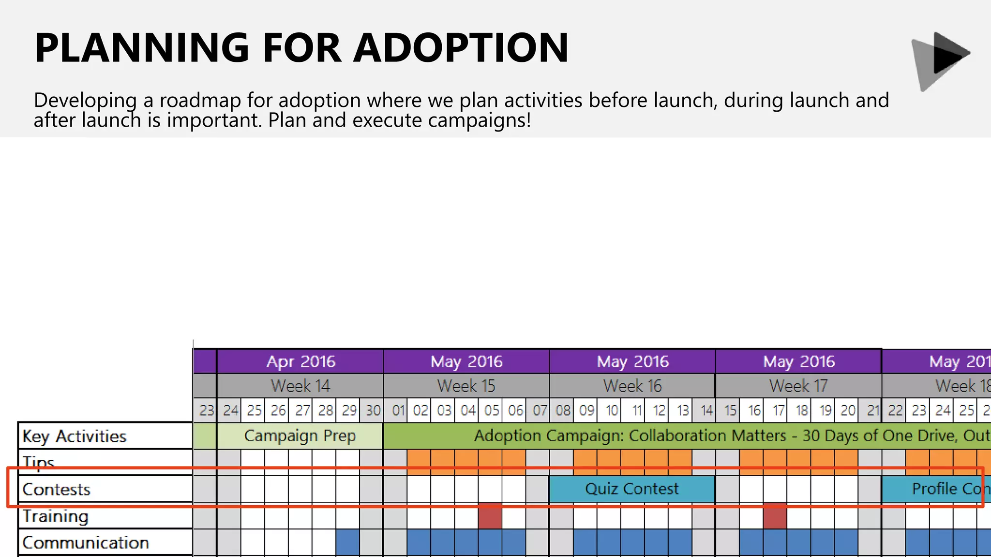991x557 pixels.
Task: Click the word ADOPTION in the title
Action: click(461, 47)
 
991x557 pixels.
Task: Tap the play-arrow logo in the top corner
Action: click(941, 60)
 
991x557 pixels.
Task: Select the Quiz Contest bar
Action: click(631, 489)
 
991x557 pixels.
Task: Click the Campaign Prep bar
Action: click(300, 436)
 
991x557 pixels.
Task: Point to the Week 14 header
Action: click(300, 386)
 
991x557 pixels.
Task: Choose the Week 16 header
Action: click(632, 386)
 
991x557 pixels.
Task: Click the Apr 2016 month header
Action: click(300, 361)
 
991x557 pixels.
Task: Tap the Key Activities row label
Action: click(75, 436)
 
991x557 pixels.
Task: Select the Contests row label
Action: click(57, 489)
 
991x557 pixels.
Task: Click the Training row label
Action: click(56, 516)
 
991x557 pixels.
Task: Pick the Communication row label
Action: click(86, 542)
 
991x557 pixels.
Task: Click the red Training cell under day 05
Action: click(490, 516)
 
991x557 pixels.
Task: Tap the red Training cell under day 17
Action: click(775, 516)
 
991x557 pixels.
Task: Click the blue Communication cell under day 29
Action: click(347, 542)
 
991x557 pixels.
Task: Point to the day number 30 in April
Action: click(373, 410)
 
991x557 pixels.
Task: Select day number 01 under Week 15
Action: click(398, 410)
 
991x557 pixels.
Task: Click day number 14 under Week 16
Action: click(706, 410)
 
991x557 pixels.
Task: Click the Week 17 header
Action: click(798, 386)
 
